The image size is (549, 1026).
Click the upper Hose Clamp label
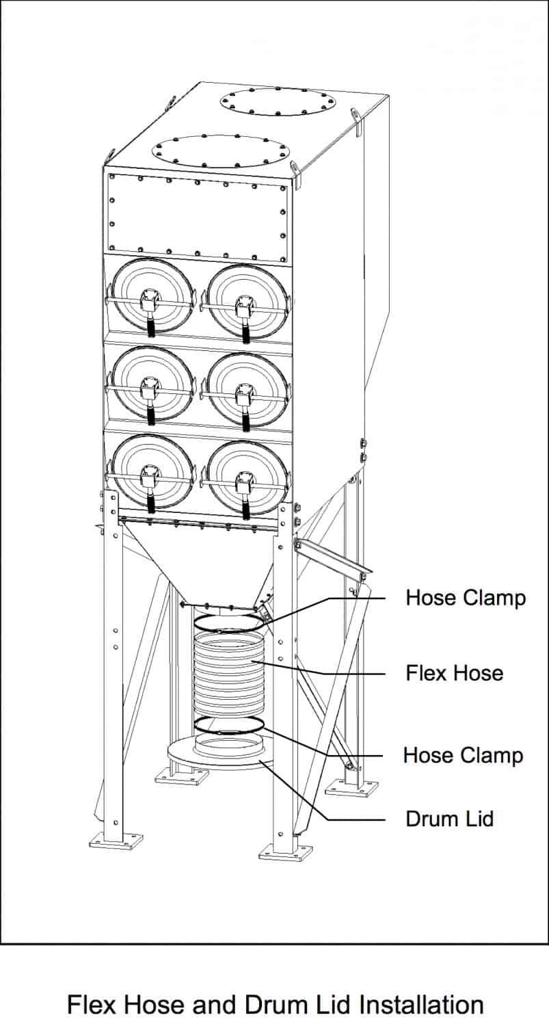pyautogui.click(x=466, y=597)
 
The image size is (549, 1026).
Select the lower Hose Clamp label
pyautogui.click(x=463, y=755)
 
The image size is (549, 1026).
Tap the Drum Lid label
pyautogui.click(x=449, y=818)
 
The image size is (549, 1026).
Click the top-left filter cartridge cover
pyautogui.click(x=152, y=295)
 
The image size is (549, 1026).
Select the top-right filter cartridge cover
pyautogui.click(x=247, y=301)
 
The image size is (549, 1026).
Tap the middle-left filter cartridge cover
pyautogui.click(x=152, y=384)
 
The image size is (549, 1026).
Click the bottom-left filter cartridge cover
pyautogui.click(x=152, y=472)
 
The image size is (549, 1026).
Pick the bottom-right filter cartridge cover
pyautogui.click(x=247, y=477)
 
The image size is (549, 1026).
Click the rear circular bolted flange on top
pyautogui.click(x=278, y=101)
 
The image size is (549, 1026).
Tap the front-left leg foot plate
pyautogui.click(x=116, y=840)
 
